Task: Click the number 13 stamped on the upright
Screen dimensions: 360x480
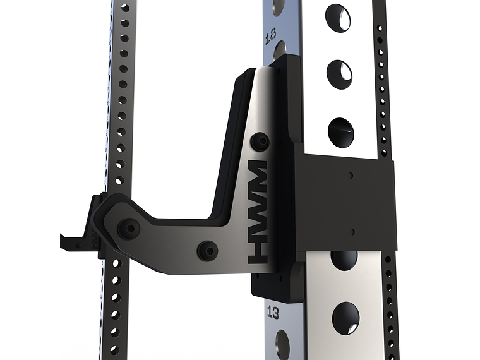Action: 273,311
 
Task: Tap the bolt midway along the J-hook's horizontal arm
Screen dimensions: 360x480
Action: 207,250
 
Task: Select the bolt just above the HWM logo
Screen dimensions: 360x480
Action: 259,142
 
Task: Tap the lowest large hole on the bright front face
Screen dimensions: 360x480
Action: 345,318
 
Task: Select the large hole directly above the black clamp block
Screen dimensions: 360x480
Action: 341,131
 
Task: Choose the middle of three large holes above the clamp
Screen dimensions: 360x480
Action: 339,73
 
